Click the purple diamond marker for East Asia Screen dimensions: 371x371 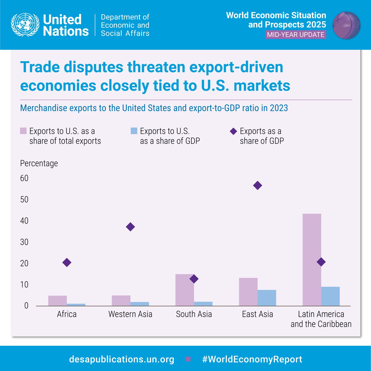click(x=258, y=185)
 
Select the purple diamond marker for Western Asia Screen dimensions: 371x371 click(x=130, y=227)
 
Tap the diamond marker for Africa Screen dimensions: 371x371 click(x=67, y=262)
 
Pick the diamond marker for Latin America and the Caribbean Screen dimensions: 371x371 click(x=321, y=262)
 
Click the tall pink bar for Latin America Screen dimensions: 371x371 click(x=312, y=260)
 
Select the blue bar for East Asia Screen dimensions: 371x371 click(x=267, y=298)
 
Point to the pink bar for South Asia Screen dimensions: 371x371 click(x=185, y=290)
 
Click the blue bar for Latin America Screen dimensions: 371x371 click(x=330, y=296)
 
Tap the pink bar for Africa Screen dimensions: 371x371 click(x=58, y=301)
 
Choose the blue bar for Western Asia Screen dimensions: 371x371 click(x=140, y=304)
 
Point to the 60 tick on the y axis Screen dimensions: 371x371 click(x=24, y=178)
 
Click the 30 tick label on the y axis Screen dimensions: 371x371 click(x=24, y=242)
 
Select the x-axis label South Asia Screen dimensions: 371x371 click(x=194, y=314)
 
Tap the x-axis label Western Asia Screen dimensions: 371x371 click(x=130, y=314)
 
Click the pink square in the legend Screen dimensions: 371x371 click(x=23, y=131)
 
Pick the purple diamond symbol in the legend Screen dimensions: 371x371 click(x=233, y=131)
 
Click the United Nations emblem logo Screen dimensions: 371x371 click(x=25, y=25)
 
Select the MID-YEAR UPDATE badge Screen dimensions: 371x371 click(x=296, y=35)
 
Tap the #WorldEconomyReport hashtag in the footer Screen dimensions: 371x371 click(x=252, y=359)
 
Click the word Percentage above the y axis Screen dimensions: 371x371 click(x=39, y=163)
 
